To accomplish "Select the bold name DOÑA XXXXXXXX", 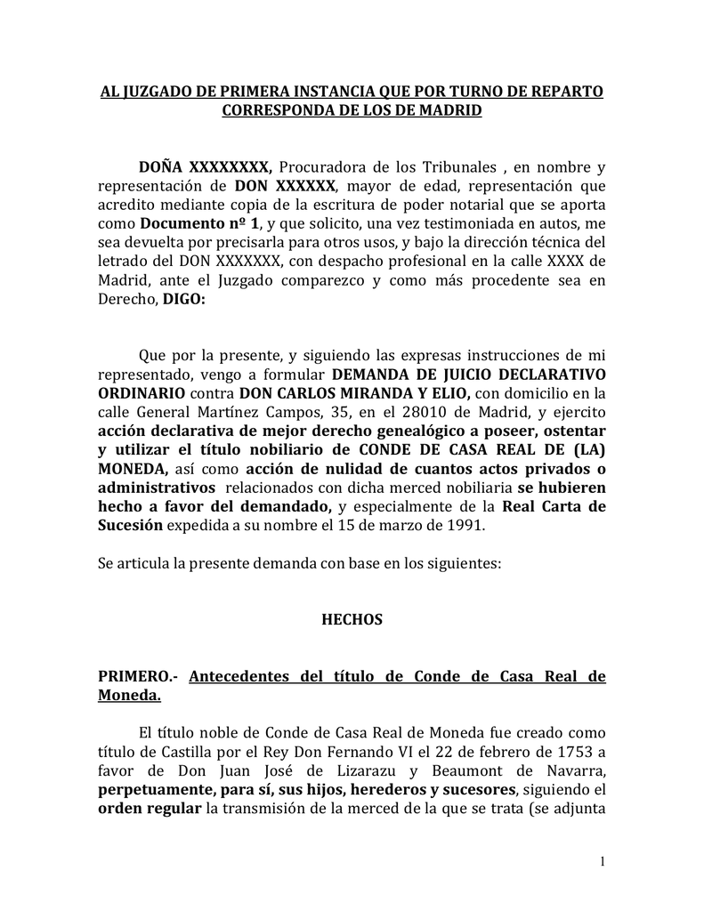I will (204, 166).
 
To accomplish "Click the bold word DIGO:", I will (183, 300).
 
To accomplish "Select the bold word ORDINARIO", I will (142, 392).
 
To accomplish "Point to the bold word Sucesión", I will (130, 525).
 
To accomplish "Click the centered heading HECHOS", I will (352, 619).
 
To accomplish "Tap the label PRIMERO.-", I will (137, 676).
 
